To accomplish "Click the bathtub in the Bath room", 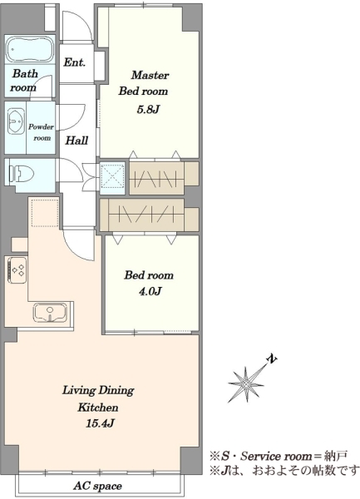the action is coord(29,49).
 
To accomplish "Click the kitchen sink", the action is coord(50,313).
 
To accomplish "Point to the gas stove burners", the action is coord(17,269).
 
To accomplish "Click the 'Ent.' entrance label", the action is coord(75,62).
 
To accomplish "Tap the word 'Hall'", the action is coord(76,141).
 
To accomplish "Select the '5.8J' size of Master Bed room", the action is coord(148,110).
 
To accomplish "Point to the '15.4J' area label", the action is coord(100,423).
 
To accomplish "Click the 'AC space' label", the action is coord(97,486).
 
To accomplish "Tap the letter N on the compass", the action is coord(271,359).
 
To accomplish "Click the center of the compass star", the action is coord(246,384).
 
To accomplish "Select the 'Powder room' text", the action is coord(42,132).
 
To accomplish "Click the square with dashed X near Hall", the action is coord(112,178).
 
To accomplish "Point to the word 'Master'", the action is coord(150,75).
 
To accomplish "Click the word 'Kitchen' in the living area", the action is coord(98,408).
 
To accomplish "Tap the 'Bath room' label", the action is coord(24,81).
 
